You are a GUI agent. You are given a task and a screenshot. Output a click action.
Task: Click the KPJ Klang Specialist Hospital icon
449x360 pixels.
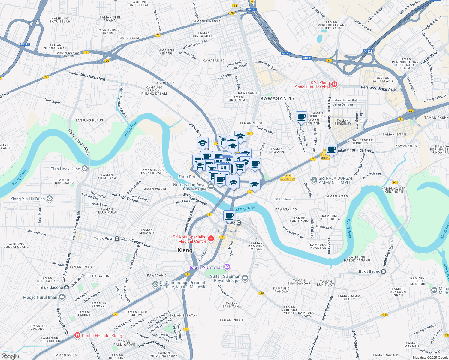[334, 85]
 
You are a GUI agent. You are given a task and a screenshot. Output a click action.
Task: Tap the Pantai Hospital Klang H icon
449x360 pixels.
[77, 335]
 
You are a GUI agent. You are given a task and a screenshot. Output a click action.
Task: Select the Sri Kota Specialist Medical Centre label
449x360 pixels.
[190, 239]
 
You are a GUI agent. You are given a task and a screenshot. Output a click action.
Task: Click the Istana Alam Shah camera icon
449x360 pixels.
[227, 267]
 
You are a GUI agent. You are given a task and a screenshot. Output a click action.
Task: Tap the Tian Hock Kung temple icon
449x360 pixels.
[85, 169]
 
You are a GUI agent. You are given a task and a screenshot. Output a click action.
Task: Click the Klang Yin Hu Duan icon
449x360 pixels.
[50, 199]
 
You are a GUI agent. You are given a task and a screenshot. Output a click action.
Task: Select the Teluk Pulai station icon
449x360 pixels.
[117, 238]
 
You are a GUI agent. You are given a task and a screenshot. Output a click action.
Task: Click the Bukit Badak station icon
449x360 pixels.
[383, 271]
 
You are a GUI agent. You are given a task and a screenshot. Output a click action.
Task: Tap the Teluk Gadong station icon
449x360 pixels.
[66, 287]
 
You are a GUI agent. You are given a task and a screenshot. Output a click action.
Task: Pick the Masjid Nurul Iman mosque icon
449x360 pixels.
[62, 297]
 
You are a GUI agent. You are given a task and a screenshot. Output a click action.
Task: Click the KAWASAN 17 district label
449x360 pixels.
[278, 98]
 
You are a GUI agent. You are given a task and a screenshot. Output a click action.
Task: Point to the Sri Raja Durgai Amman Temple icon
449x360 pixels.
[314, 180]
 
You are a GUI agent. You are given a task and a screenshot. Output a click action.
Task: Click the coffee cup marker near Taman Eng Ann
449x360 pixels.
[301, 117]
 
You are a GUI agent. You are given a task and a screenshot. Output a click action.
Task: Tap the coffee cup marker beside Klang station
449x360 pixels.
[229, 215]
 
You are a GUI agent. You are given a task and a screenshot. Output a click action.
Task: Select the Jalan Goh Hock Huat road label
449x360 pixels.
[87, 76]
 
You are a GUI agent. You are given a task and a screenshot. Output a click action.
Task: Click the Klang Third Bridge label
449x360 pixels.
[79, 142]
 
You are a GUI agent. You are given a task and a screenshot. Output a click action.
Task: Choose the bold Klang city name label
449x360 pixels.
[185, 250]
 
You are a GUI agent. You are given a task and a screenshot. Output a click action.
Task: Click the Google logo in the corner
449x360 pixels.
[10, 356]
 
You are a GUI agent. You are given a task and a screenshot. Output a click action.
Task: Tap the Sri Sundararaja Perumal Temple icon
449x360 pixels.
[155, 284]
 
